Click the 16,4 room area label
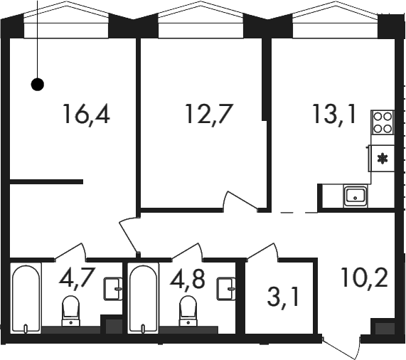click(86, 115)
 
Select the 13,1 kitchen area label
click(334, 115)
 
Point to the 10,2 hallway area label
click(364, 277)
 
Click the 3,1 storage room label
click(283, 298)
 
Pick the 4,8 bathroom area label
click(188, 278)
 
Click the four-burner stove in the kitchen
click(383, 122)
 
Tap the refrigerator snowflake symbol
click(382, 159)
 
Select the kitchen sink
click(356, 196)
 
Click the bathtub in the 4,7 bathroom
click(26, 298)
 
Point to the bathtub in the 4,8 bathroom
click(143, 298)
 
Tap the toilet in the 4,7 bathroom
click(70, 311)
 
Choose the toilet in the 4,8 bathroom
click(188, 311)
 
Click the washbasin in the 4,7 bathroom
click(113, 289)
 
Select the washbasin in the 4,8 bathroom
click(226, 289)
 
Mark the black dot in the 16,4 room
click(38, 84)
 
